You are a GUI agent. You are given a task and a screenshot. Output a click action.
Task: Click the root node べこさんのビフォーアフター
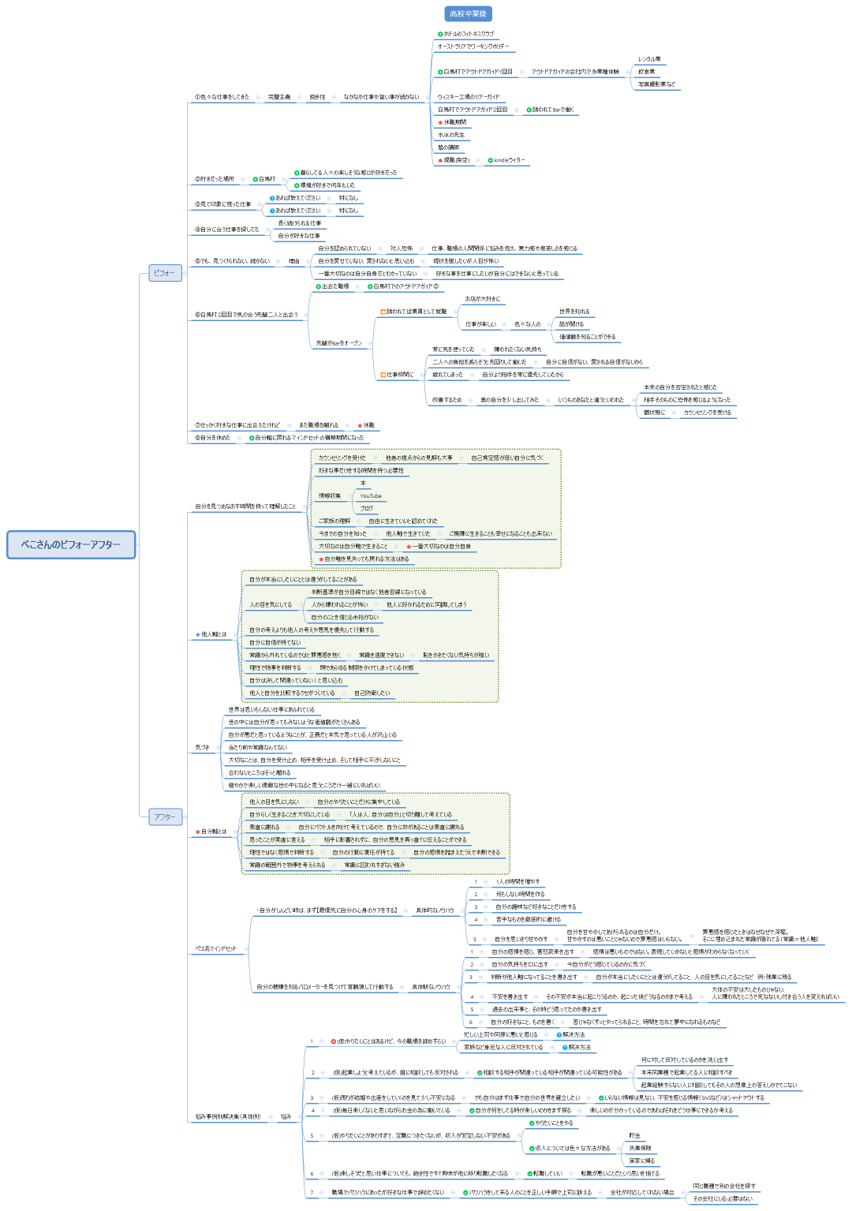(x=71, y=544)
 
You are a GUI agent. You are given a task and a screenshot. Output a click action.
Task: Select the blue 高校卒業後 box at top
(x=468, y=13)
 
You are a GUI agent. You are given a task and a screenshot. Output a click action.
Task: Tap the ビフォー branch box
(x=165, y=273)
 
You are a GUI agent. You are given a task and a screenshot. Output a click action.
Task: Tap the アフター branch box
(x=165, y=817)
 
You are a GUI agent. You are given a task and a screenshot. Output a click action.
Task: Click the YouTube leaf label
(x=371, y=496)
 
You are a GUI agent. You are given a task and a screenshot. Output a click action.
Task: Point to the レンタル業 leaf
(x=649, y=59)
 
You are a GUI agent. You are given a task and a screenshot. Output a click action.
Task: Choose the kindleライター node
(x=509, y=160)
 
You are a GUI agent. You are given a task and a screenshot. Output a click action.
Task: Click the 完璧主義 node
(x=278, y=97)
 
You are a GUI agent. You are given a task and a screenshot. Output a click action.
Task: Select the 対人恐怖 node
(x=401, y=249)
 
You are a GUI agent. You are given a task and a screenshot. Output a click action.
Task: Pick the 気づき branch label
(x=203, y=747)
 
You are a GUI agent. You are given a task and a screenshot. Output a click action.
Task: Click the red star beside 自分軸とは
(x=198, y=832)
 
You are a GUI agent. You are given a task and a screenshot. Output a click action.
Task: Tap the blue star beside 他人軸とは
(x=198, y=634)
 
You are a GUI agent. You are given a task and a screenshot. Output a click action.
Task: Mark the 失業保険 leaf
(x=640, y=1148)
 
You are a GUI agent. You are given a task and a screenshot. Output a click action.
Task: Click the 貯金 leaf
(x=634, y=1135)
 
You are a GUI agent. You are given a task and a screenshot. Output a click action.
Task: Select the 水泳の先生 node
(x=451, y=135)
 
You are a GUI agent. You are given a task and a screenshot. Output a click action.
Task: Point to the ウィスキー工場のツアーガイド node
(x=469, y=97)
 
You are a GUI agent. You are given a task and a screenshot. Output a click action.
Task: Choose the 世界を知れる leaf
(x=574, y=312)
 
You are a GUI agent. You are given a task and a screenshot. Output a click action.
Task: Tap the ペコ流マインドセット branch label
(x=215, y=948)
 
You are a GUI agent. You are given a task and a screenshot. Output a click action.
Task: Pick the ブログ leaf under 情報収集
(x=366, y=509)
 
